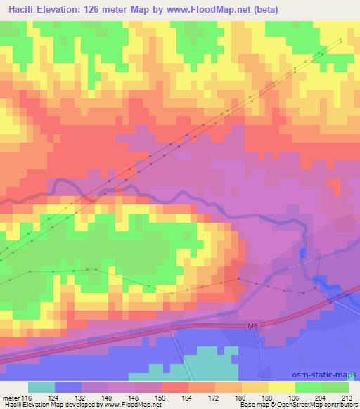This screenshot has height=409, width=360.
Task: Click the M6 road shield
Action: pos(254,325)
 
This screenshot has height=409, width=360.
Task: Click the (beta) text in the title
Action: pos(266,10)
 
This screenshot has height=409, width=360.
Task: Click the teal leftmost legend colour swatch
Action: pos(41,387)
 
